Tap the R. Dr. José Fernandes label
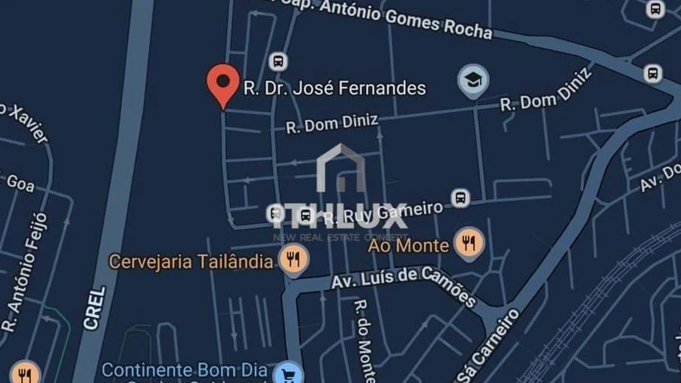click(x=334, y=89)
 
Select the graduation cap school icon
click(x=473, y=79)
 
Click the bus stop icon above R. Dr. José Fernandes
click(x=278, y=61)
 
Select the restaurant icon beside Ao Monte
click(x=469, y=244)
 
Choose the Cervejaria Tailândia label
click(x=191, y=262)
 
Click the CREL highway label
click(x=95, y=307)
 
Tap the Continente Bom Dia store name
click(x=185, y=371)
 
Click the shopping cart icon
click(x=288, y=373)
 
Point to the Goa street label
click(x=20, y=182)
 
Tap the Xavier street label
click(x=26, y=124)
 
